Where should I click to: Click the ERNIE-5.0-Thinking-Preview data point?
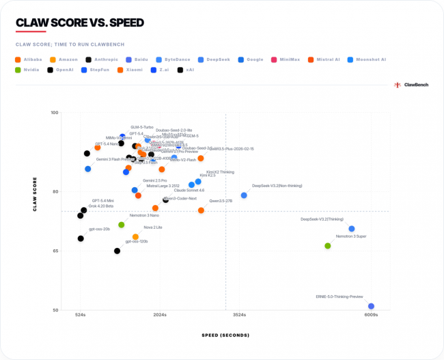coord(371,306)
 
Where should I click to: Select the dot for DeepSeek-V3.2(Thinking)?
coord(352,229)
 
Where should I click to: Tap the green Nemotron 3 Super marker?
coord(328,246)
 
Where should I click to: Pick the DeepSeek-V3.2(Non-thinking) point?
coord(244,195)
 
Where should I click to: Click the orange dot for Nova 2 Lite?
coord(135,237)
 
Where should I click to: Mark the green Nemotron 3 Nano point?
coord(122,225)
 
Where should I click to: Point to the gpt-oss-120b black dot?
coord(117,251)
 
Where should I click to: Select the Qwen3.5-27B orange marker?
coord(201,210)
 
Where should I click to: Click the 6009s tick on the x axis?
coord(371,315)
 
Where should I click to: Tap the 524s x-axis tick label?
coord(81,315)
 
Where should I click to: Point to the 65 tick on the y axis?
coord(55,251)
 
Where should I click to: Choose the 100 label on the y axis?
coord(54,113)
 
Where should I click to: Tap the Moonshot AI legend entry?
coord(370,59)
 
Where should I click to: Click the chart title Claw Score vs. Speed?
coord(79,23)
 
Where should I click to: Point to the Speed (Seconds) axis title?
coord(225,335)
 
